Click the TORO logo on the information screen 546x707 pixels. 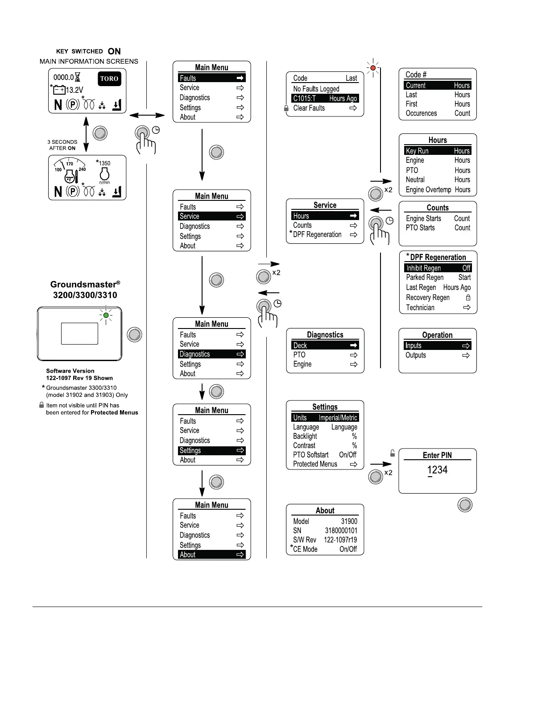(109, 79)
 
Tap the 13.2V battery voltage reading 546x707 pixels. (74, 90)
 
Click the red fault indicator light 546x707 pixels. (373, 68)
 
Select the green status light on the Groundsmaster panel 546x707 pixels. (106, 316)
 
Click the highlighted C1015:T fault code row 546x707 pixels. (325, 99)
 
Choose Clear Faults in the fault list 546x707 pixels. (309, 108)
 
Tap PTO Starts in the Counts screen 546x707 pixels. (420, 228)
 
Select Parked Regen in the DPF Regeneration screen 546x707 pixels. (425, 277)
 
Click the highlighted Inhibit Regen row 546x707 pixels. (438, 268)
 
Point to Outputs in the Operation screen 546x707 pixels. (416, 355)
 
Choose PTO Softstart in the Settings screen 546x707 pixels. (311, 455)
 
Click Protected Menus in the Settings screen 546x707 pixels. (315, 464)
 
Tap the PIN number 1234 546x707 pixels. (437, 470)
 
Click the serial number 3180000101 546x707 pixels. (341, 531)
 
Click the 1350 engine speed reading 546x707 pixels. (104, 163)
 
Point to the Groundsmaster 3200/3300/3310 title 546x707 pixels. (85, 289)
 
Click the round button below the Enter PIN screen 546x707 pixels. (465, 505)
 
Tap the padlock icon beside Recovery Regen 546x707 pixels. (468, 297)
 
